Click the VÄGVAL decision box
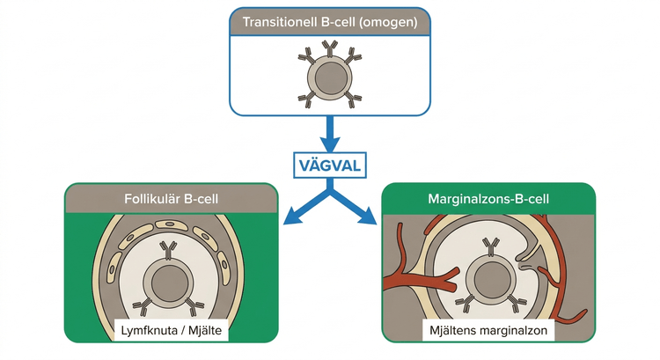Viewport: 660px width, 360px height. point(330,165)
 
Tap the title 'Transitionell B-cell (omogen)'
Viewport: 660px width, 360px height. point(330,22)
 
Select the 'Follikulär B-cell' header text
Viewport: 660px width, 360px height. point(172,198)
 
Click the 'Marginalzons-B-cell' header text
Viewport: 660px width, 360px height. point(488,198)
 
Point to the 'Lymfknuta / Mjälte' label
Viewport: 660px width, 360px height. point(172,330)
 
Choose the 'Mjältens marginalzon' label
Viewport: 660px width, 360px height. point(488,330)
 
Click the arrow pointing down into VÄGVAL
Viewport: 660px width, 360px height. point(330,134)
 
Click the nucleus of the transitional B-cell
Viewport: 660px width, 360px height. point(331,78)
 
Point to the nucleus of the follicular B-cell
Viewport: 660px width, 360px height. point(168,283)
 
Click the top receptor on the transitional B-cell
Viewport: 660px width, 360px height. point(330,49)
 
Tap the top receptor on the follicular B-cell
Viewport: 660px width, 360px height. point(168,251)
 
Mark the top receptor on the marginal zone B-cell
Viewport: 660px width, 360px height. point(491,246)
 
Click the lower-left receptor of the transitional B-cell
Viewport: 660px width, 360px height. point(307,99)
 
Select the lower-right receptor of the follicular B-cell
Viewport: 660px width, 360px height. point(194,307)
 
